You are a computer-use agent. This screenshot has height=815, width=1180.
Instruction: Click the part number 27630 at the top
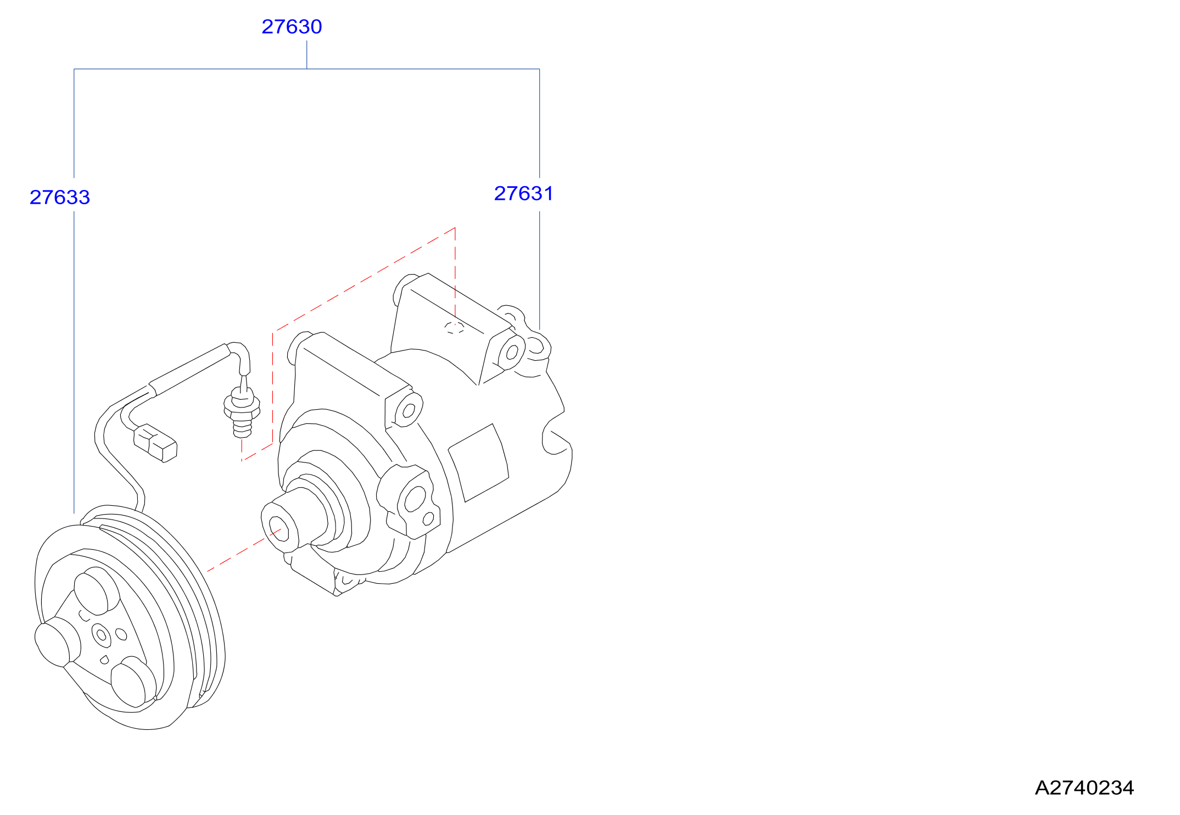tap(292, 26)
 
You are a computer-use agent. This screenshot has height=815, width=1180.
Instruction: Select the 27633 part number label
tap(60, 197)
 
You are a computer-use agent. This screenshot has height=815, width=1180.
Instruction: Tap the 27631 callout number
tap(524, 193)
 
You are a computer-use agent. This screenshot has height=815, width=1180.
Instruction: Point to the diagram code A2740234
tap(1084, 788)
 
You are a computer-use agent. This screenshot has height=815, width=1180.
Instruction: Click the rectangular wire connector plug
tap(155, 443)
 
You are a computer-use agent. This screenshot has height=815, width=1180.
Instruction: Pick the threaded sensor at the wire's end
tap(242, 412)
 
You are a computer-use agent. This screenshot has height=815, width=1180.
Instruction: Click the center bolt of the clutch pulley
tap(102, 635)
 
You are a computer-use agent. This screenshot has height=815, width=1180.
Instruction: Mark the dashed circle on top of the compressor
tap(454, 328)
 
